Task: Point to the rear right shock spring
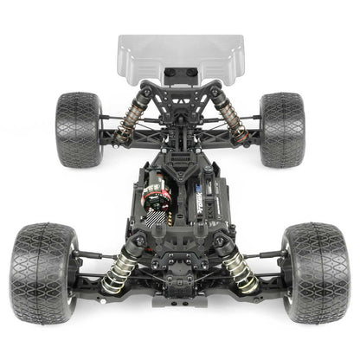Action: coord(231,117)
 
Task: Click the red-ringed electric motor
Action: coord(157,194)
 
